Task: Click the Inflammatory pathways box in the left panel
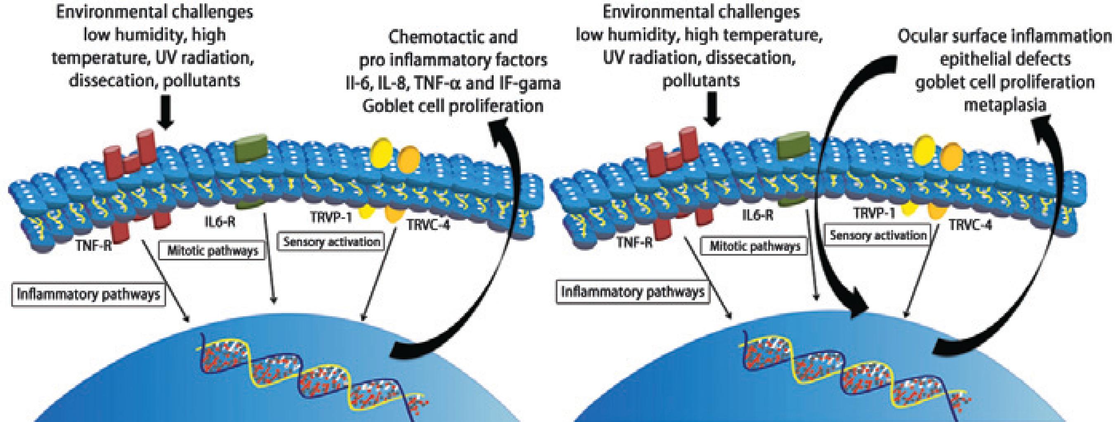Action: (88, 295)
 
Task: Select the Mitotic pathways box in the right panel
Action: (755, 246)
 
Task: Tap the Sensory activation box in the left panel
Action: (332, 241)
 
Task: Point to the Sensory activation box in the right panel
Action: (878, 235)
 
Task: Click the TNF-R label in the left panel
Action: (93, 246)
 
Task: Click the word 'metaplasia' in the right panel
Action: (1005, 105)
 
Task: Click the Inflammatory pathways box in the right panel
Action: (633, 292)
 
